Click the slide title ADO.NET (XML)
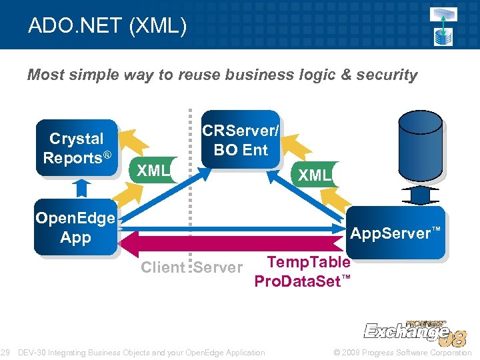pyautogui.click(x=107, y=26)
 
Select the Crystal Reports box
pyautogui.click(x=77, y=148)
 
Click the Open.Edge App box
pyautogui.click(x=75, y=227)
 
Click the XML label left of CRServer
pyautogui.click(x=153, y=171)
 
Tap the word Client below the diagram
pyautogui.click(x=163, y=267)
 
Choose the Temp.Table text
pyautogui.click(x=308, y=262)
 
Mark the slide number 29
pyautogui.click(x=5, y=352)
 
